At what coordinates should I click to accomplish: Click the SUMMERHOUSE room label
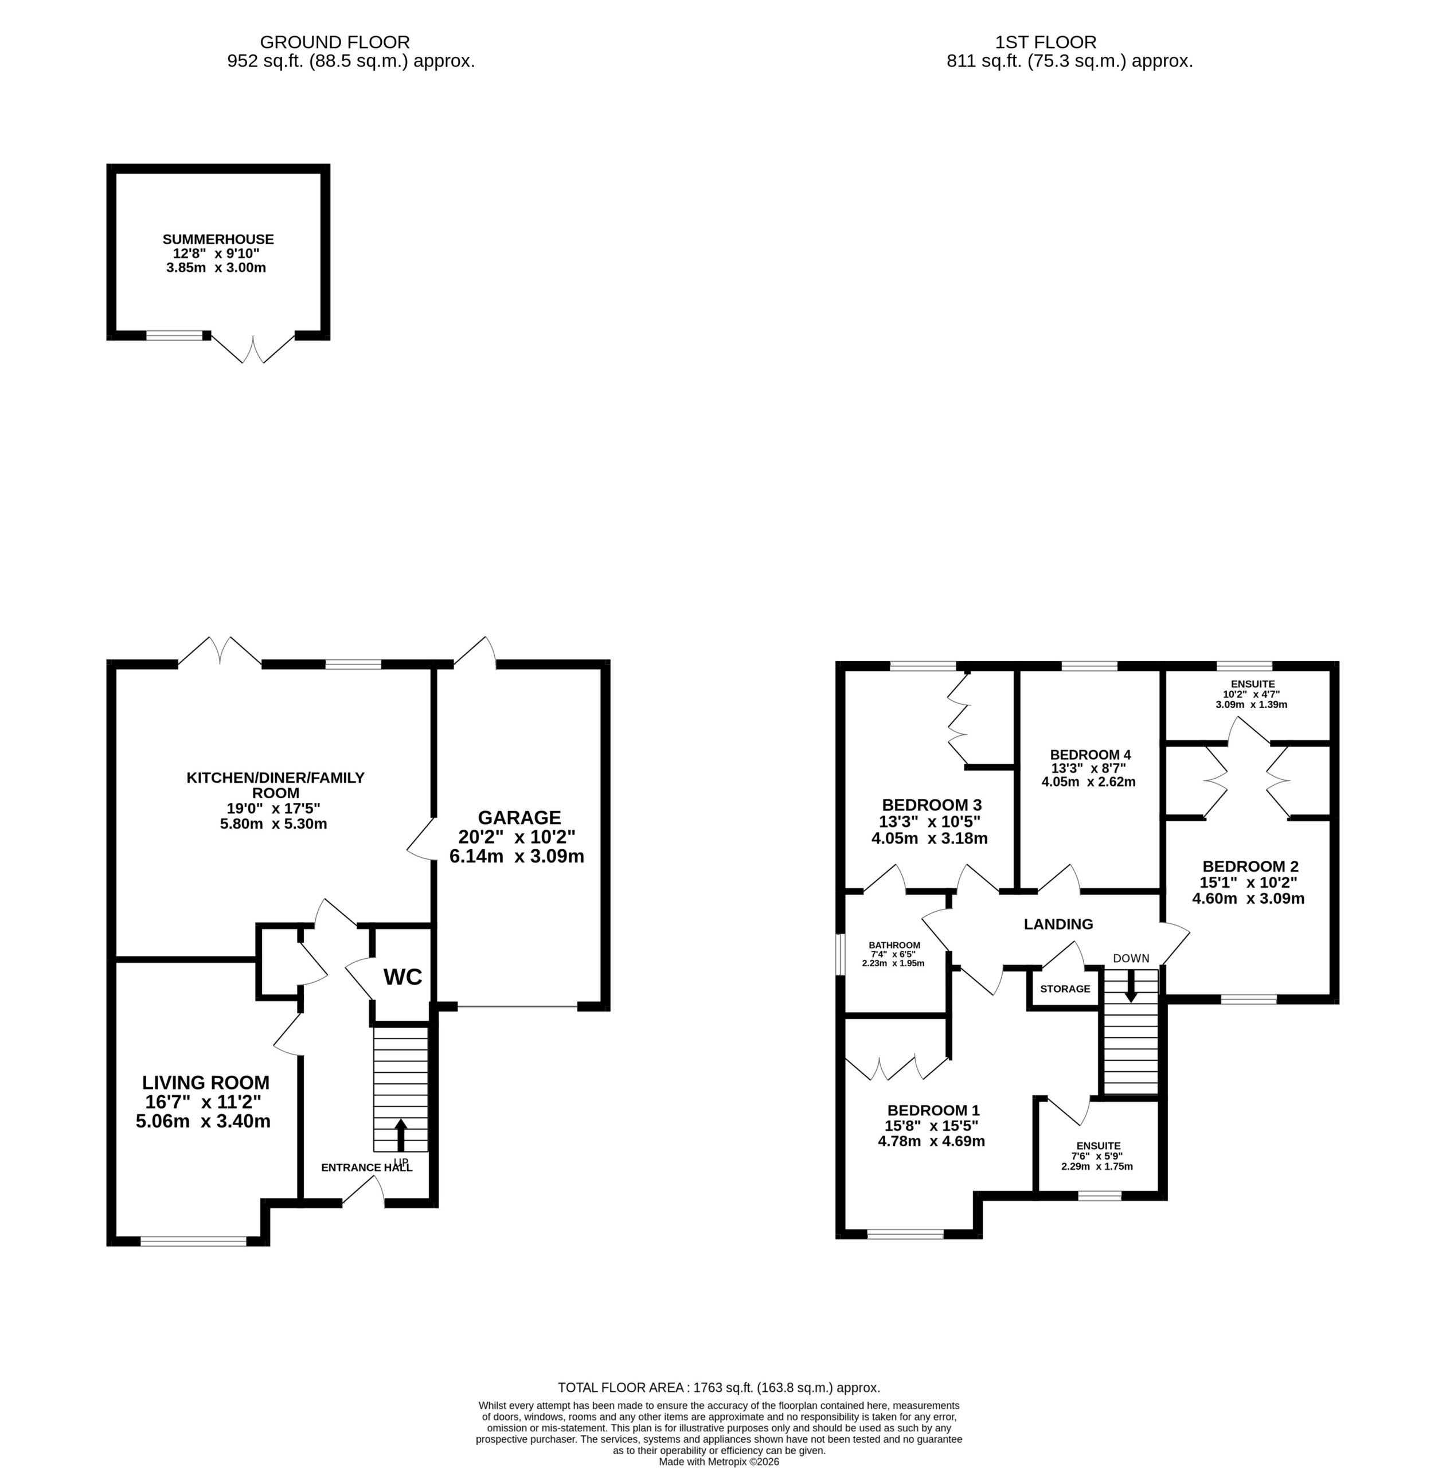coord(218,239)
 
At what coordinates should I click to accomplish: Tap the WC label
coord(402,977)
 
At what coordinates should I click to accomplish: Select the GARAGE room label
coord(519,817)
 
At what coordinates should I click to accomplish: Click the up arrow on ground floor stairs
coord(401,1135)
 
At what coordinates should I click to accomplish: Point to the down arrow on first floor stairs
coord(1131,986)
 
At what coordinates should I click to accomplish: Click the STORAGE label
coord(1065,989)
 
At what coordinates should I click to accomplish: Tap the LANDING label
coord(1058,924)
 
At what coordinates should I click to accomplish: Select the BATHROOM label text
coord(894,946)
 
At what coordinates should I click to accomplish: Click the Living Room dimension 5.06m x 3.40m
coord(204,1122)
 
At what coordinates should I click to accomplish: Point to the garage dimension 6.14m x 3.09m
coord(517,857)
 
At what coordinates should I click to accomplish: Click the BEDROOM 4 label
coord(1091,755)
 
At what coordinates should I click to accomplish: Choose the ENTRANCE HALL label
coord(367,1168)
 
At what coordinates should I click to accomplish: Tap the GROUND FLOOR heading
coord(335,42)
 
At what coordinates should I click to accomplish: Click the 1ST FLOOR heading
coord(1046,42)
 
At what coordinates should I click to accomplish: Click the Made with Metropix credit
coord(719,1461)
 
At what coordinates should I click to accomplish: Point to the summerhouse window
coord(175,335)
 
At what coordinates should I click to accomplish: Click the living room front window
coord(194,1241)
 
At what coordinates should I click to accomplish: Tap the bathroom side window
coord(840,954)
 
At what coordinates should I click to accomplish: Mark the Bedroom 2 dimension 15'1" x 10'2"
coord(1249,883)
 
